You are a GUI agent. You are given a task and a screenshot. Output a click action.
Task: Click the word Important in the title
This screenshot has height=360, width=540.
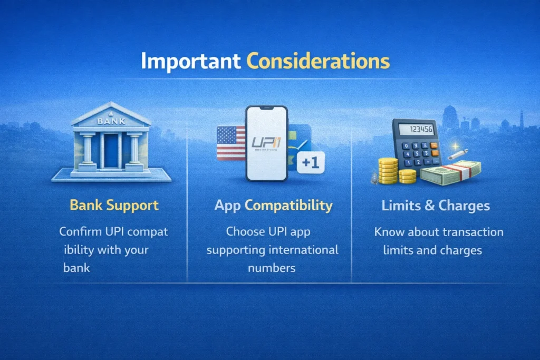tap(191, 62)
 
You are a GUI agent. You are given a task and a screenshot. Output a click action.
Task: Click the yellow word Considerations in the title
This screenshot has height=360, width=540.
tap(318, 61)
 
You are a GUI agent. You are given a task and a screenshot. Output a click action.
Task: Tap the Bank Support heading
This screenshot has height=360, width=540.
tap(114, 206)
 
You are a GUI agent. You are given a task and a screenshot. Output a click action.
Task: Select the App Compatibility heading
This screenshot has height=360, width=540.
tap(274, 206)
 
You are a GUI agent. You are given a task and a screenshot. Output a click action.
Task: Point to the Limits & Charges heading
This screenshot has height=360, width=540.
tap(436, 206)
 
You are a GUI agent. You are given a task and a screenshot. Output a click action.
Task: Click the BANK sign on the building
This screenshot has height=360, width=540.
tap(111, 121)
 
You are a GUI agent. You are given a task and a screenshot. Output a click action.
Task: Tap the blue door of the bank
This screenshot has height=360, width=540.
tap(111, 151)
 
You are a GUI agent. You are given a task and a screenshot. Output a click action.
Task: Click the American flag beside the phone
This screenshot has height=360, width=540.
tap(231, 143)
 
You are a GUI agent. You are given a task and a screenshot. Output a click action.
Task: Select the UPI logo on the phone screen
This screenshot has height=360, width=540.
tap(266, 142)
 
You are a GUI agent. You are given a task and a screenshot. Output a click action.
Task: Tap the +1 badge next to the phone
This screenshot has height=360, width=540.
tap(311, 162)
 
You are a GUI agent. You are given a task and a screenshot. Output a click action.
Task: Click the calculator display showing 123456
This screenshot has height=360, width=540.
tap(416, 130)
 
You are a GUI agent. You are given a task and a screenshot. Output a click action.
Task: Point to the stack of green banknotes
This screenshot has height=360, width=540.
tap(451, 173)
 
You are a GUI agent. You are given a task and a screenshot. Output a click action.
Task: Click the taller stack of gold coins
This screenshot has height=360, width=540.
tap(388, 171)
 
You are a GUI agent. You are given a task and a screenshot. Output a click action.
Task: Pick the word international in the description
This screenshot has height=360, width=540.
tap(303, 250)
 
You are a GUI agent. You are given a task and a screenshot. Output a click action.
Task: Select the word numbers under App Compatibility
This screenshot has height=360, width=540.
tap(272, 268)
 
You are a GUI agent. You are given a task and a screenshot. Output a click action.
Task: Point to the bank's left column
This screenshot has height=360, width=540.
tap(88, 150)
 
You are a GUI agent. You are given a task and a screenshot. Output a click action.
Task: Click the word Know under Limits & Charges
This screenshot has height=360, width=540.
tap(389, 232)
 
